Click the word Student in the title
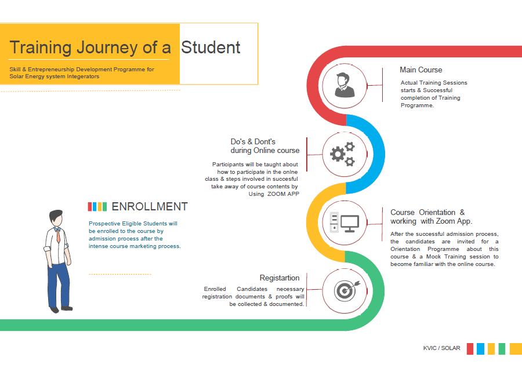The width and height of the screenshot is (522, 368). (211, 48)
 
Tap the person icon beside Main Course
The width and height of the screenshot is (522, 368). (345, 85)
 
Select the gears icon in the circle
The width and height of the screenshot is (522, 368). (343, 154)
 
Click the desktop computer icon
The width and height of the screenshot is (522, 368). (345, 223)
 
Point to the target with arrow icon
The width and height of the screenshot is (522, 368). (347, 291)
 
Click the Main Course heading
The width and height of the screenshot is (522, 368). (421, 70)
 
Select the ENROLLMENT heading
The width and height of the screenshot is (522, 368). (150, 207)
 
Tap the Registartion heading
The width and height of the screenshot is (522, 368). (280, 278)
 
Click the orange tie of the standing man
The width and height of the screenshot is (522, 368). (58, 235)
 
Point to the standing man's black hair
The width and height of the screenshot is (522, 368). (56, 215)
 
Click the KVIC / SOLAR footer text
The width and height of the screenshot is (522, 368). (441, 348)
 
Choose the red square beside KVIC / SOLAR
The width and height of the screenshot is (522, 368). (470, 349)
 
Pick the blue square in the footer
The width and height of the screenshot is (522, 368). (480, 349)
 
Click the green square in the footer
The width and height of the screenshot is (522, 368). (502, 349)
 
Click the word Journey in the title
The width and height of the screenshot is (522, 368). (107, 48)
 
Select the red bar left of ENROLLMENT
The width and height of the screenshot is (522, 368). (89, 207)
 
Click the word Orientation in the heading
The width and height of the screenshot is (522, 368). (437, 212)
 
